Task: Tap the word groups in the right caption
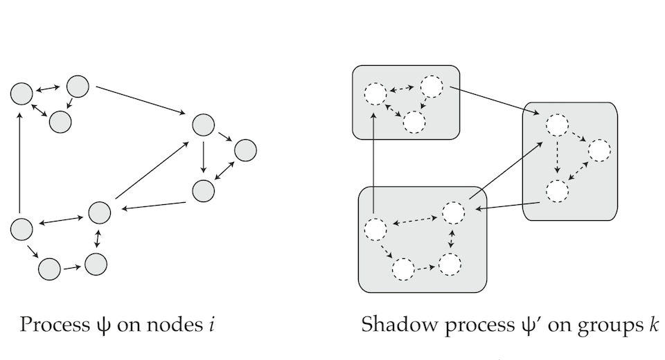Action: coord(608,325)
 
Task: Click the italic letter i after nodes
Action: coord(209,324)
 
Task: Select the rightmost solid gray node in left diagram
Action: coord(245,150)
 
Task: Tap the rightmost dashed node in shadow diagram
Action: coord(599,150)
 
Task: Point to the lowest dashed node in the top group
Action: coord(414,122)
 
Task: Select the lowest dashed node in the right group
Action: coord(556,190)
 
